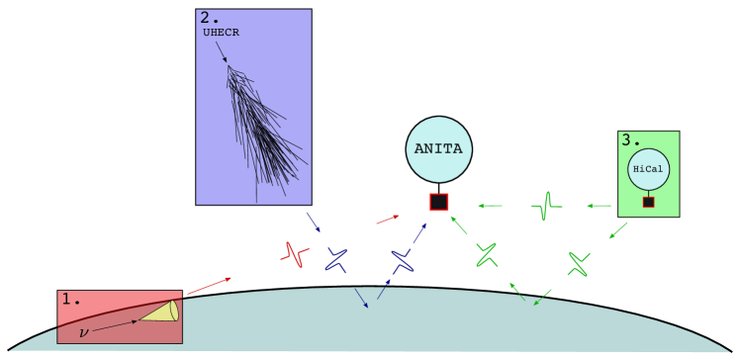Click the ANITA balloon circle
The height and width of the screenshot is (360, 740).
point(438,149)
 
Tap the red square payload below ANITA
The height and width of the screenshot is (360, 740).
point(439,202)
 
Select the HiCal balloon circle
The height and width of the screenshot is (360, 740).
point(648,169)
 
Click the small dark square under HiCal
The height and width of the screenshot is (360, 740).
point(648,202)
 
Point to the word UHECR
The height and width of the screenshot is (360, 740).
point(221,33)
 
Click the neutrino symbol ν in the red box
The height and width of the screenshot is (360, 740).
point(83,332)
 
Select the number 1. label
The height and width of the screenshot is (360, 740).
point(70,299)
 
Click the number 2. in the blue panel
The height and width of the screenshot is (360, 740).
point(210,18)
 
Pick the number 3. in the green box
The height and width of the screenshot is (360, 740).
point(630,140)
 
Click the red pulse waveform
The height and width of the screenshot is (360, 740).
point(294,255)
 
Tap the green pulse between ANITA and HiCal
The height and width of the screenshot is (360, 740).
point(545,206)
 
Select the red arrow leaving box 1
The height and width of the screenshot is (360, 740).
point(209,286)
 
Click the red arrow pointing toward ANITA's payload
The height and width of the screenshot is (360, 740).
point(387,220)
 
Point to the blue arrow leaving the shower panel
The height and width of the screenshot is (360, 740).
point(313,222)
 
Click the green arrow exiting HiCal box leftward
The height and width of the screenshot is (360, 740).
point(599,206)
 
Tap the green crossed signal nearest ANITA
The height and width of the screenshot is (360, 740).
point(486,255)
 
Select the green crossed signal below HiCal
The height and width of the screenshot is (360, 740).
point(578,264)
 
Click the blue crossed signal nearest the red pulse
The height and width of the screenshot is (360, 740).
point(336,260)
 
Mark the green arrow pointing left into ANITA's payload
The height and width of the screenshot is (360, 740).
point(490,206)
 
